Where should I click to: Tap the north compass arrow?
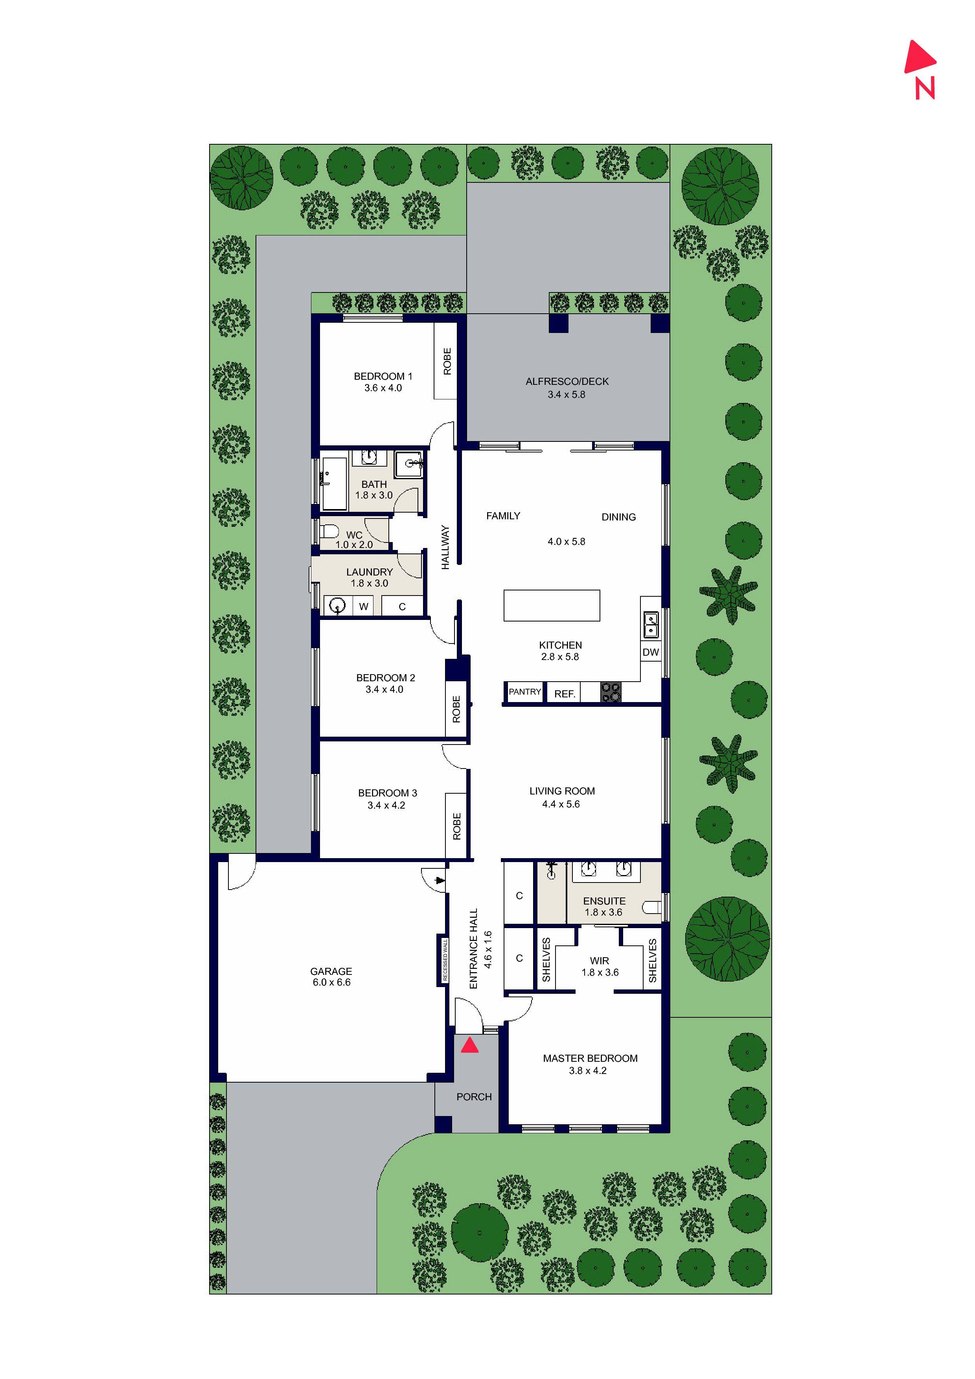pos(919,58)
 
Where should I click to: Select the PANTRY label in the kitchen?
pos(524,692)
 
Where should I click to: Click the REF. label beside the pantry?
pos(565,694)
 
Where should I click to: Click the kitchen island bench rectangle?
pos(552,605)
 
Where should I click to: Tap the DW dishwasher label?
pos(651,652)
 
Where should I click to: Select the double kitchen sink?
pos(651,625)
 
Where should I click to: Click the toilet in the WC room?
pos(328,531)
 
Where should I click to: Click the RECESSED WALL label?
pos(445,960)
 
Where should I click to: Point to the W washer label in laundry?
pos(363,607)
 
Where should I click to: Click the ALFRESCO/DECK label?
pos(567,381)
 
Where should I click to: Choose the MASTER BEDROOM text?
pos(590,1058)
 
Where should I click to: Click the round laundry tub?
pos(338,605)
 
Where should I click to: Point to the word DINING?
pos(618,517)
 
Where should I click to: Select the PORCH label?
pos(474,1097)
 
